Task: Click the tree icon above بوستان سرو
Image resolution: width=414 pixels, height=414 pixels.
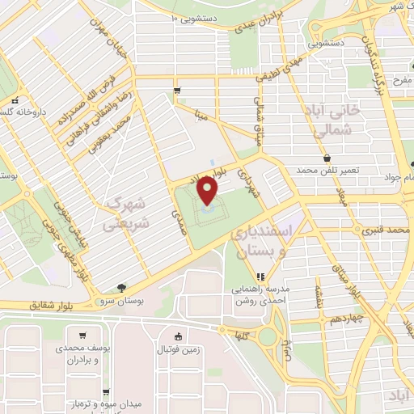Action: (x=121, y=287)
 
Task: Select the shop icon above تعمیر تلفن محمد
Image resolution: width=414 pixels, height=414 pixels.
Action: (x=327, y=158)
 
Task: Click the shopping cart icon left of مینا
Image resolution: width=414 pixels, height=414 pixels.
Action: (x=177, y=91)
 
